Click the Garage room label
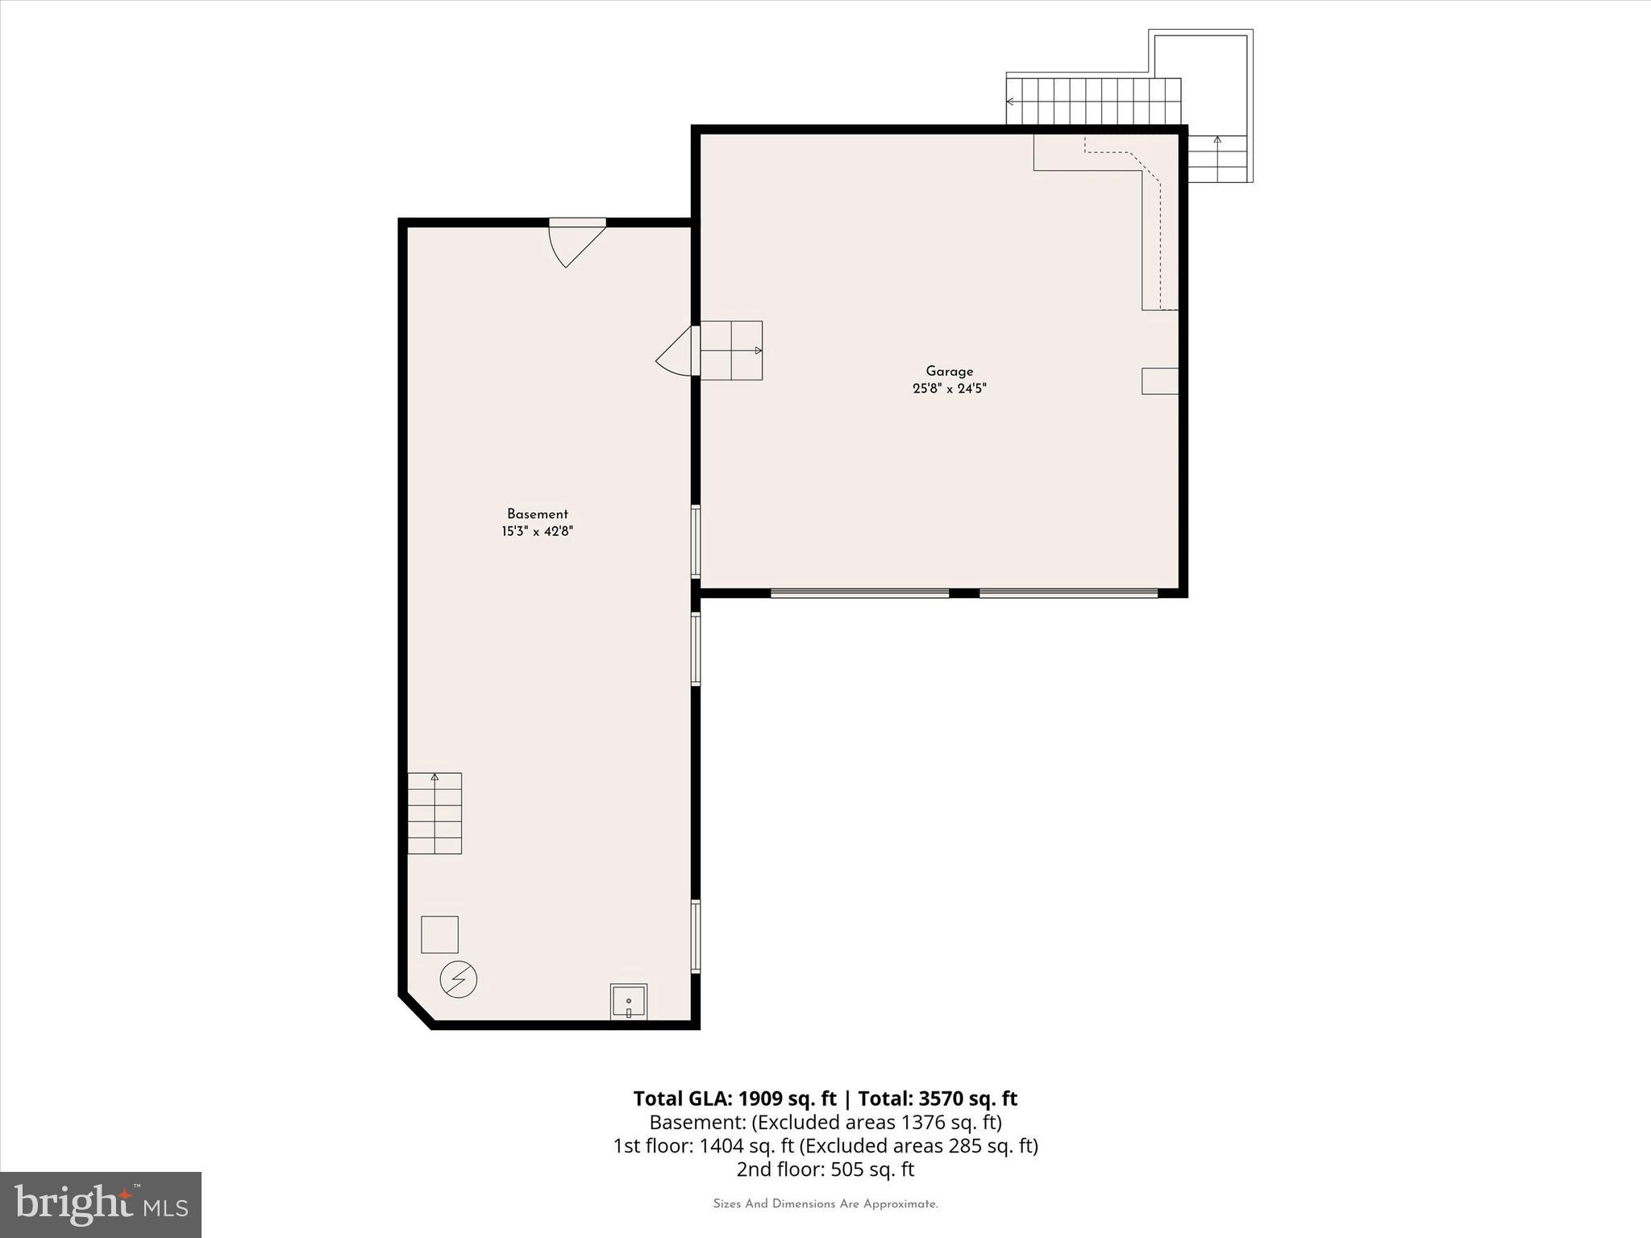[949, 372]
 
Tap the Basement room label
[537, 514]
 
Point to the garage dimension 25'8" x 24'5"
[949, 388]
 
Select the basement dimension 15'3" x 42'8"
[537, 531]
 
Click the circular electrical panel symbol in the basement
[458, 979]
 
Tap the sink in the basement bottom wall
[628, 1002]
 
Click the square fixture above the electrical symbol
[439, 934]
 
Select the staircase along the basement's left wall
[435, 812]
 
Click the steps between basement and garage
[730, 351]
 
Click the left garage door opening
[859, 593]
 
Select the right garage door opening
[1068, 593]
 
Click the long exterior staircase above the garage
[1093, 102]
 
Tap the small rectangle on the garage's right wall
[1159, 381]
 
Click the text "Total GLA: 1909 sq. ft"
[734, 1099]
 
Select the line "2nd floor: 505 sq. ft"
[825, 1169]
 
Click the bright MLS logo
[101, 1204]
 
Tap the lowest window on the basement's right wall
[696, 937]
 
